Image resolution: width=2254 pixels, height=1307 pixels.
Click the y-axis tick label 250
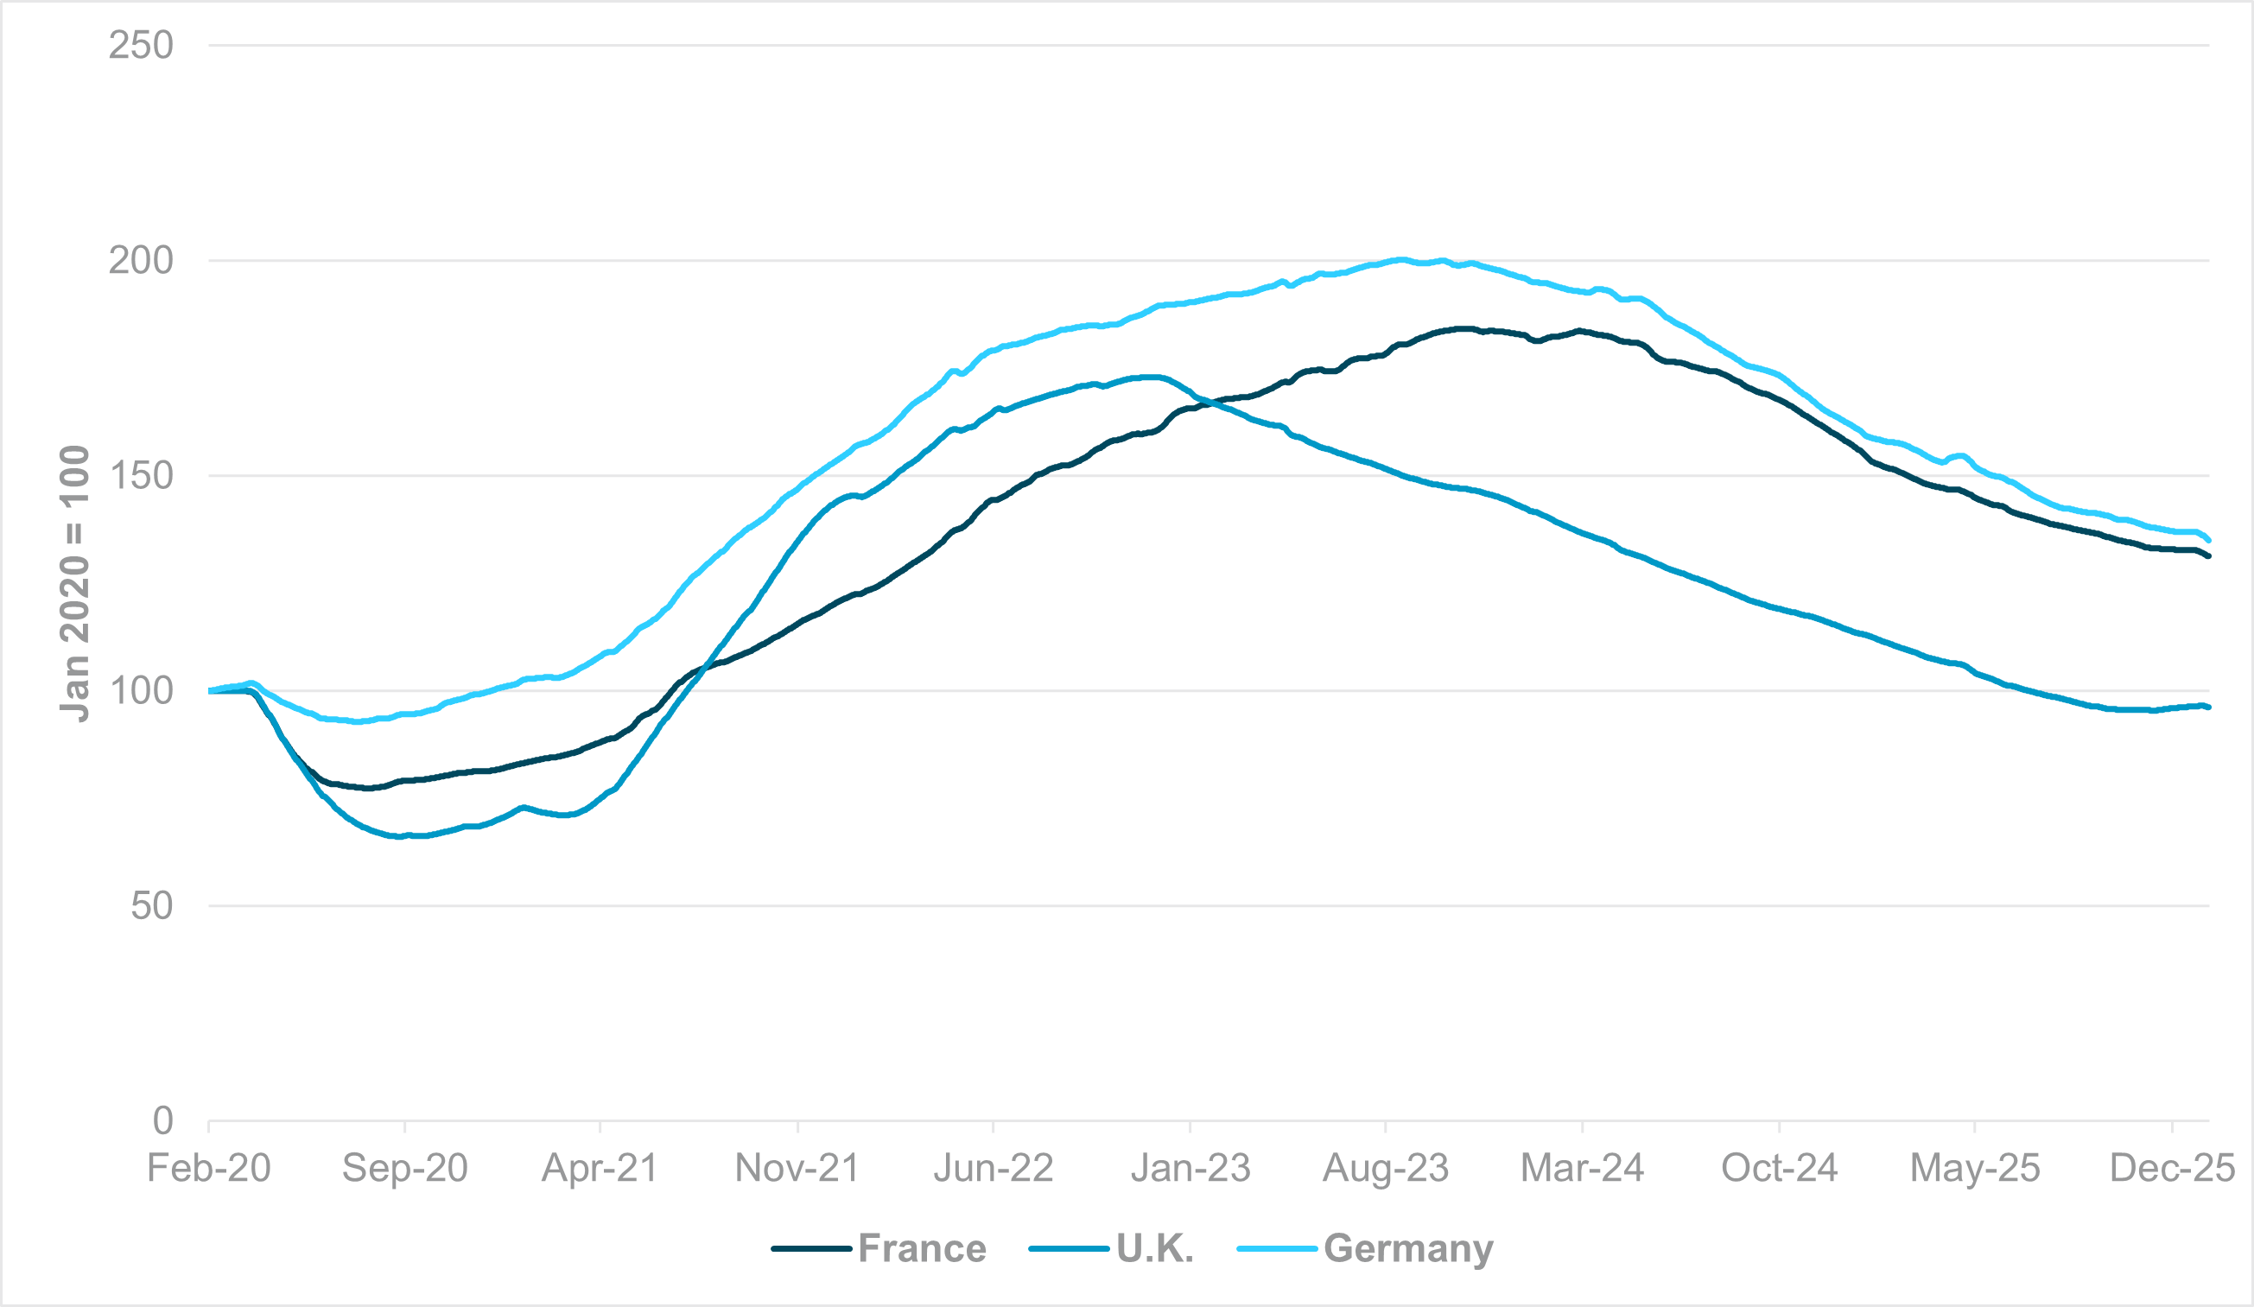[x=141, y=46]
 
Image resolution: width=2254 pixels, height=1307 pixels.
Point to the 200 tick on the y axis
[x=141, y=261]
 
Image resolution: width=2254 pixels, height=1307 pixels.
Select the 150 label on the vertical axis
[x=141, y=476]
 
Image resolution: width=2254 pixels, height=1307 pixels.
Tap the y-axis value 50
[x=151, y=906]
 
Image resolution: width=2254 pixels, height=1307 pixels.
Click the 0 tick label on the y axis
[x=162, y=1121]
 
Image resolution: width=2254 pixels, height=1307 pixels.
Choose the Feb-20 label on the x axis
[x=208, y=1168]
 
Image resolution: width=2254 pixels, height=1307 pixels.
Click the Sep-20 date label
[x=404, y=1168]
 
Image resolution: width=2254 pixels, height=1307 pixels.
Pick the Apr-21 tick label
[x=600, y=1168]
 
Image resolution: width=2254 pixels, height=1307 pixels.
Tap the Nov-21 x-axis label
[x=797, y=1168]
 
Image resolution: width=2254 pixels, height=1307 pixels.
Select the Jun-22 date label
[x=993, y=1168]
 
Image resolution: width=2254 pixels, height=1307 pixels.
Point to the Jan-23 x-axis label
[x=1190, y=1168]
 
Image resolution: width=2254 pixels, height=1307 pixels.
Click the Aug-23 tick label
[x=1386, y=1168]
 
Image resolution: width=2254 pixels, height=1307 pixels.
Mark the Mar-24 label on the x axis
[x=1582, y=1168]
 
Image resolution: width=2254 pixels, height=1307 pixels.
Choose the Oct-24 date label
[x=1779, y=1168]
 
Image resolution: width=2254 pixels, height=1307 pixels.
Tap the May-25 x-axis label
[x=1975, y=1168]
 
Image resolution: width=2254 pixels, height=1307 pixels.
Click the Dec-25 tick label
[x=2172, y=1168]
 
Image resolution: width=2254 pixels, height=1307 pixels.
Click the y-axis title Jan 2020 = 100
[x=75, y=583]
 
